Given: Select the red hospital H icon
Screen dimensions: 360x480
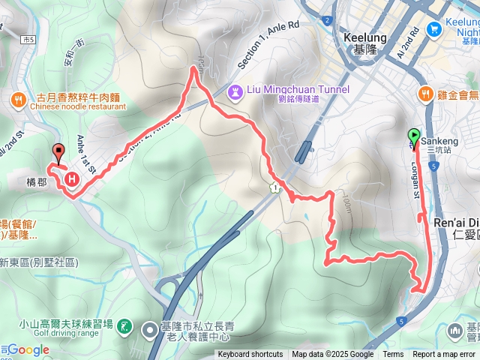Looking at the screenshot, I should point(72,179).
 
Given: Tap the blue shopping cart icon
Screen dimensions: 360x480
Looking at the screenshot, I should point(433,28).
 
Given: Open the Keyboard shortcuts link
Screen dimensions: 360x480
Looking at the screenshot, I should point(250,355).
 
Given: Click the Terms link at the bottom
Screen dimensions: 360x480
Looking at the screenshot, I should point(393,355).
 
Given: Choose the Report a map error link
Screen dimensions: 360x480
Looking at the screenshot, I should point(445,355).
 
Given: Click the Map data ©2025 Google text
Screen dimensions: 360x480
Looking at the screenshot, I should point(333,355).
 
